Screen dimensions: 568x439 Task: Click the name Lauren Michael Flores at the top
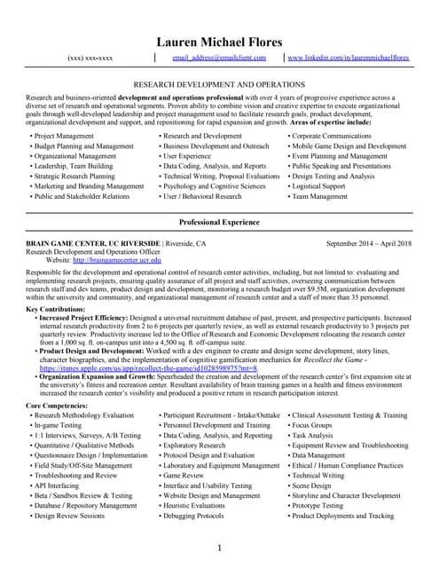point(219,42)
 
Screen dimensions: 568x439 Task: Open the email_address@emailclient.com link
point(219,58)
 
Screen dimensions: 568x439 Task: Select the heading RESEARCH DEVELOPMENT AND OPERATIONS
point(219,83)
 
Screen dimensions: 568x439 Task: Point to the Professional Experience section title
point(219,220)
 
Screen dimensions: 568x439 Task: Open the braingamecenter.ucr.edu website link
point(117,261)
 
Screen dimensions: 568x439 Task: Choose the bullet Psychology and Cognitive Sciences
point(214,186)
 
